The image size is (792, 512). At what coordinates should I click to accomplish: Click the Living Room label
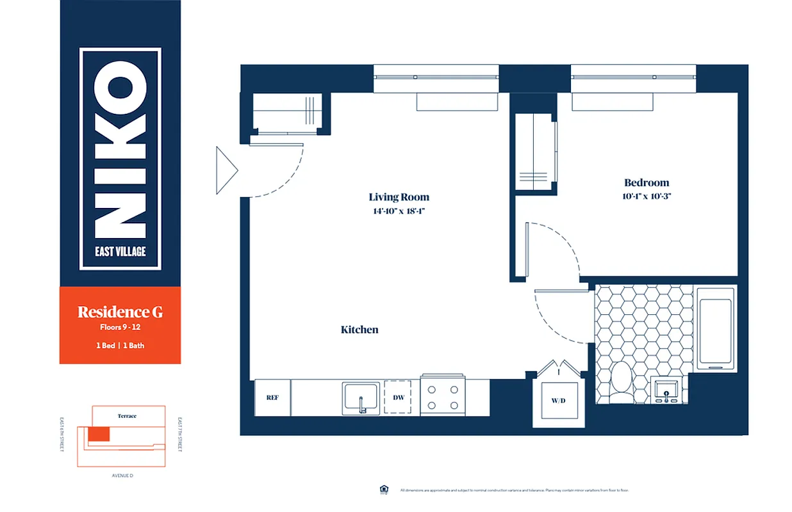pyautogui.click(x=399, y=197)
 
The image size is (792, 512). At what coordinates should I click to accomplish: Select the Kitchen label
pyautogui.click(x=359, y=330)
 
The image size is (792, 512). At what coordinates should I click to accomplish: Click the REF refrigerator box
pyautogui.click(x=272, y=397)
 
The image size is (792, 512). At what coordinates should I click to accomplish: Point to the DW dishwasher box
pyautogui.click(x=398, y=397)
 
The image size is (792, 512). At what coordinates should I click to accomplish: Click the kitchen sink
pyautogui.click(x=362, y=397)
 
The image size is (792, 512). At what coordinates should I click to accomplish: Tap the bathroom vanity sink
pyautogui.click(x=667, y=390)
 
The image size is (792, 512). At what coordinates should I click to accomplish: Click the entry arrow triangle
pyautogui.click(x=226, y=170)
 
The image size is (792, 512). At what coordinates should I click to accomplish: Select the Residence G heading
pyautogui.click(x=120, y=312)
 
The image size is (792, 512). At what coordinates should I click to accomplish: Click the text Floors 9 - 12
pyautogui.click(x=120, y=328)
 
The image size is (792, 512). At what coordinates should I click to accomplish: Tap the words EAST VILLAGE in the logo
pyautogui.click(x=120, y=251)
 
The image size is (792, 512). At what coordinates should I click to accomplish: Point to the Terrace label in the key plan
pyautogui.click(x=127, y=415)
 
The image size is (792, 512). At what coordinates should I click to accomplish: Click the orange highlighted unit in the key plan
pyautogui.click(x=99, y=435)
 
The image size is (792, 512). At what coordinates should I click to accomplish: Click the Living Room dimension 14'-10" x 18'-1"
pyautogui.click(x=398, y=212)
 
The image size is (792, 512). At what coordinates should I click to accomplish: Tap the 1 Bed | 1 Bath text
pyautogui.click(x=120, y=346)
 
